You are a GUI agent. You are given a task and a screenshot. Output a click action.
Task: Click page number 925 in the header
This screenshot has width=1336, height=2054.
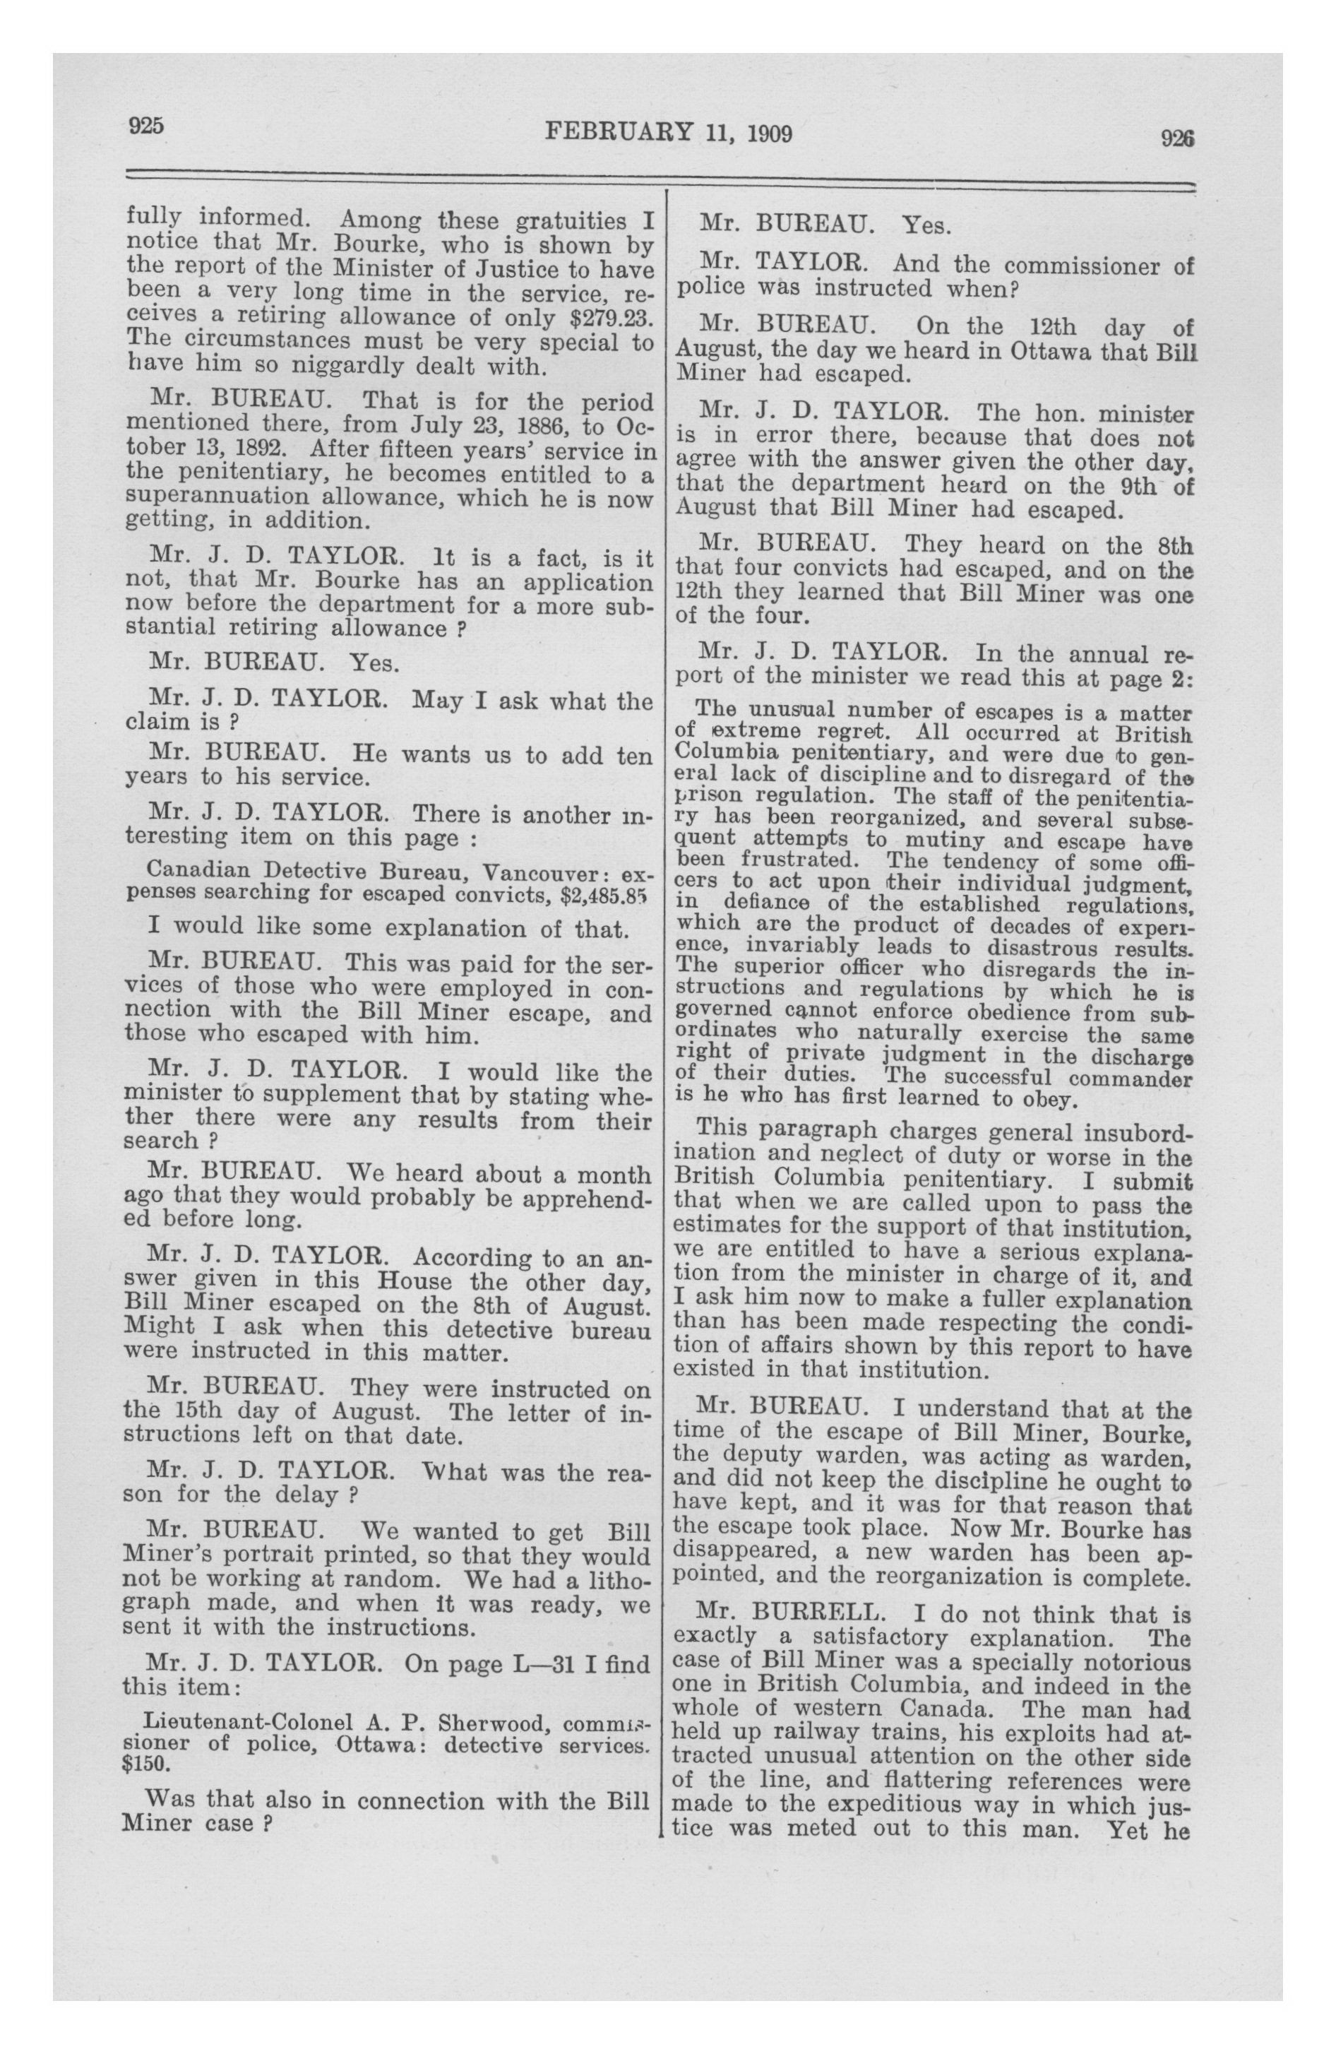(x=146, y=125)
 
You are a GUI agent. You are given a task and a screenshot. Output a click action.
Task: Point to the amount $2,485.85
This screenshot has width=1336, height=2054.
(x=602, y=895)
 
